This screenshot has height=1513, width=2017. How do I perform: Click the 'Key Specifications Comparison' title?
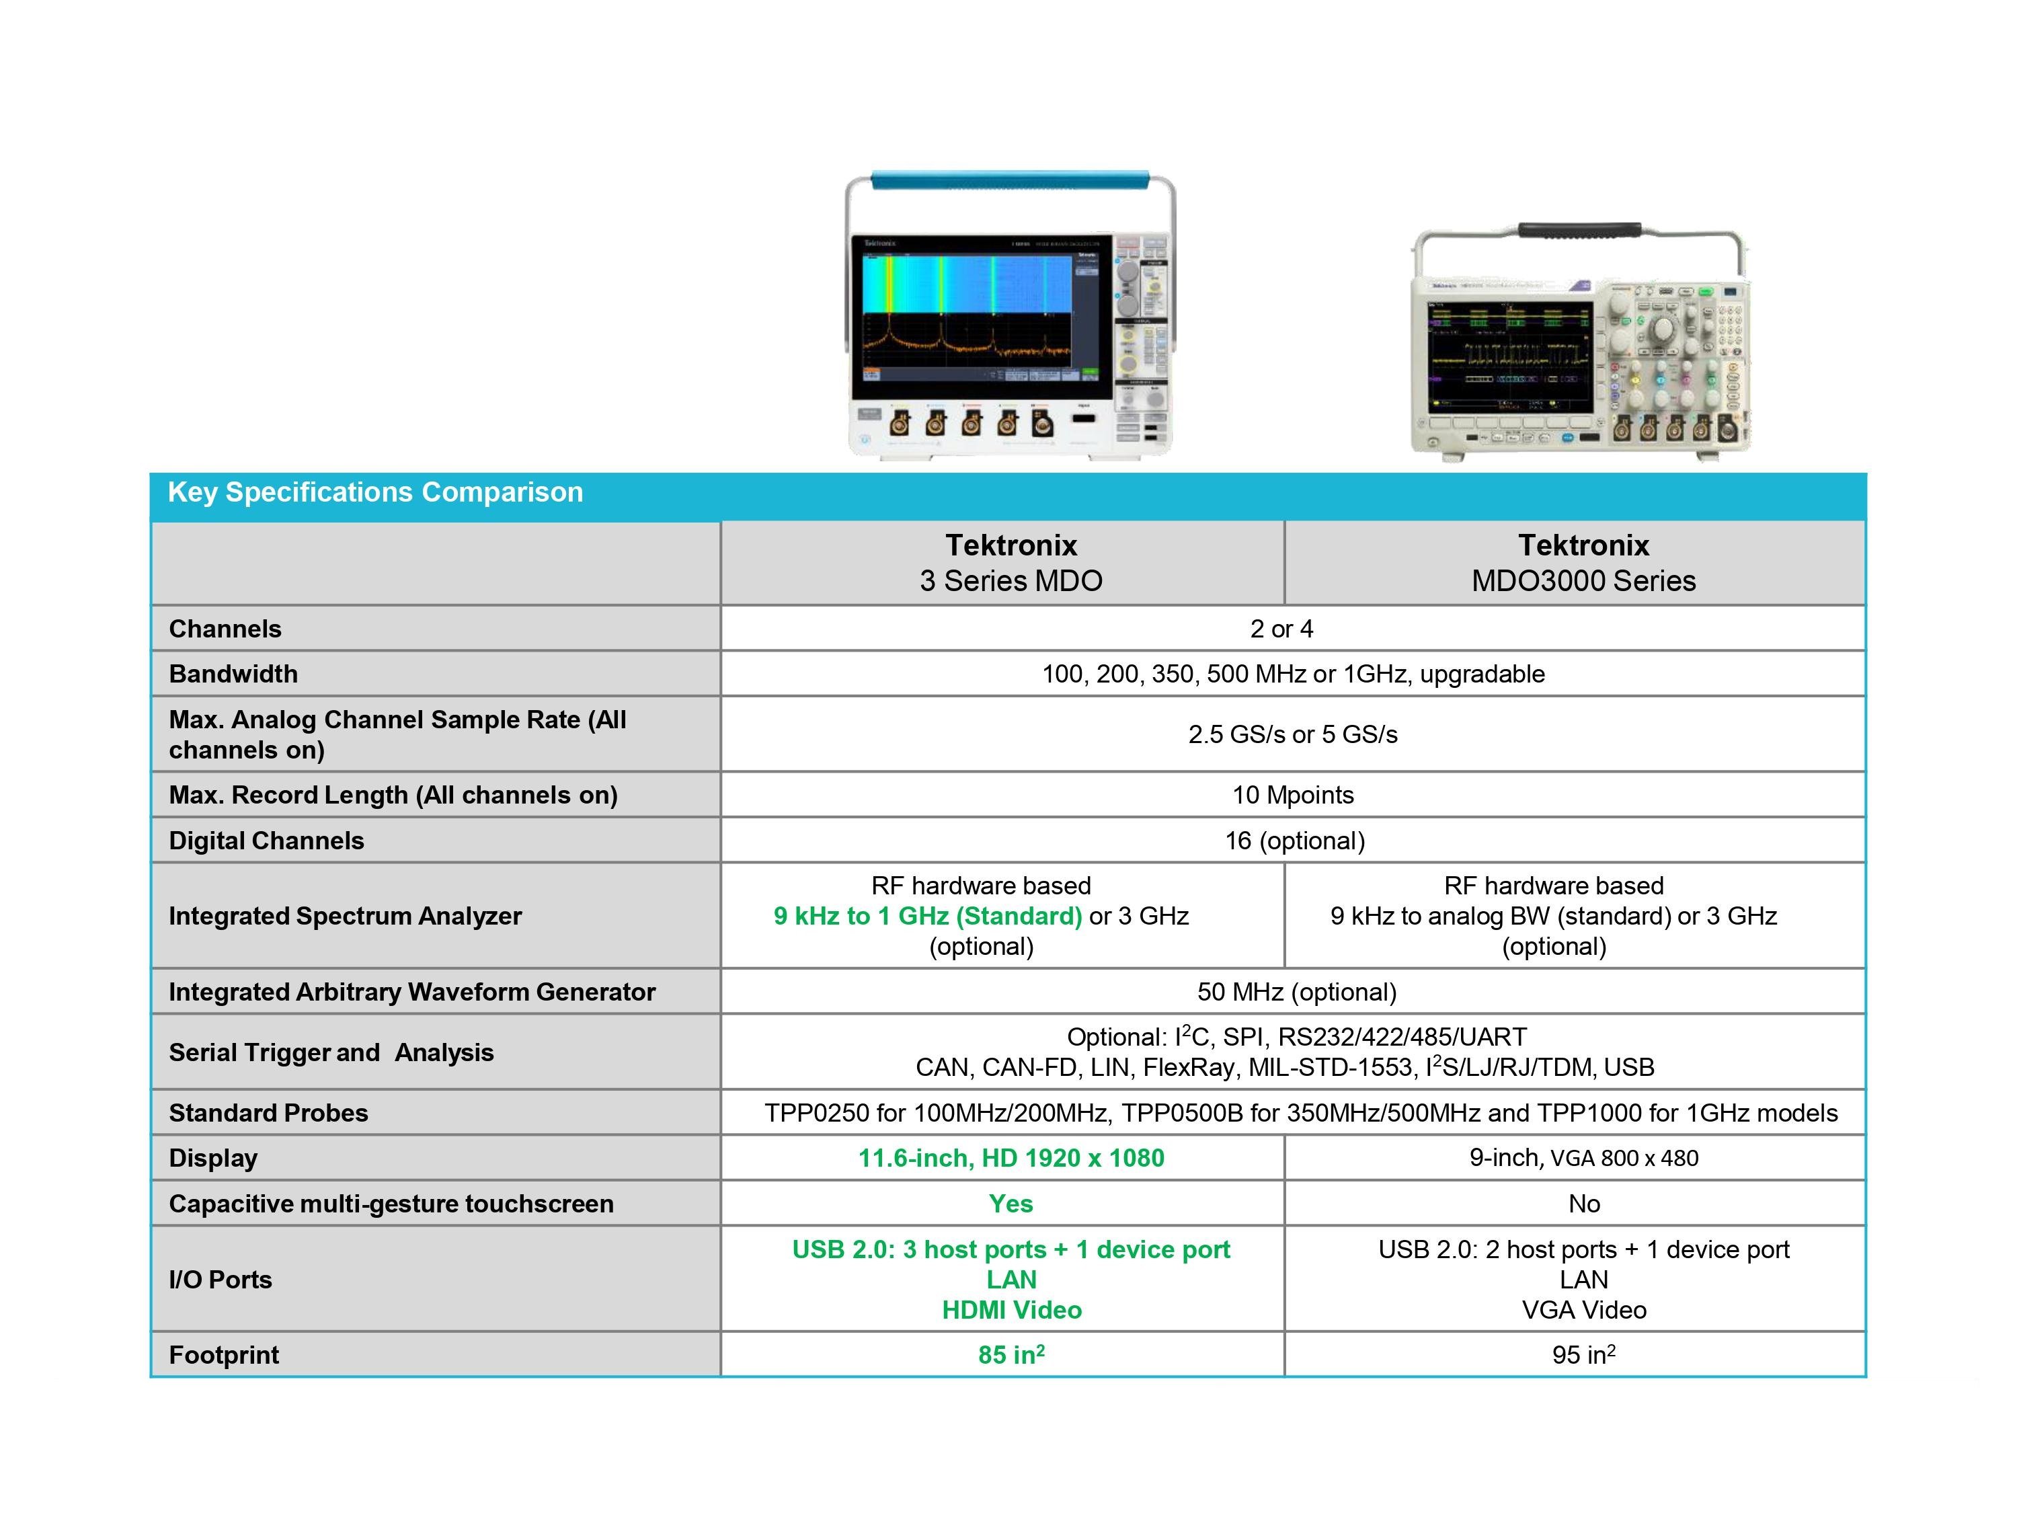coord(374,492)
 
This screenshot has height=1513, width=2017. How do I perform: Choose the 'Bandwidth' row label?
coord(233,674)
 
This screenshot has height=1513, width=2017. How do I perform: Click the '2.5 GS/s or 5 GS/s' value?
coord(1292,734)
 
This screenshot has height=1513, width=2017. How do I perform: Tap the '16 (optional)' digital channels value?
coord(1294,841)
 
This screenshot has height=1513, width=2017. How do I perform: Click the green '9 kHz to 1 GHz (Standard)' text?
coord(927,916)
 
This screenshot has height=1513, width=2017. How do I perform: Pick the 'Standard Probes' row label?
coord(268,1113)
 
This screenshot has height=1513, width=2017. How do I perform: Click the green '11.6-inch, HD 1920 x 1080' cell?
coord(1011,1158)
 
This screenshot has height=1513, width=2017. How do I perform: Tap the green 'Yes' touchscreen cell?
coord(1011,1204)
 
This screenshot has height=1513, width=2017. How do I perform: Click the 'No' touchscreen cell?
coord(1584,1204)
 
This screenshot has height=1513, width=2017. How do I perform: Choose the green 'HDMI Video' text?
coord(1011,1311)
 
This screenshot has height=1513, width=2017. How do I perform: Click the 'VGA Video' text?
coord(1584,1311)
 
